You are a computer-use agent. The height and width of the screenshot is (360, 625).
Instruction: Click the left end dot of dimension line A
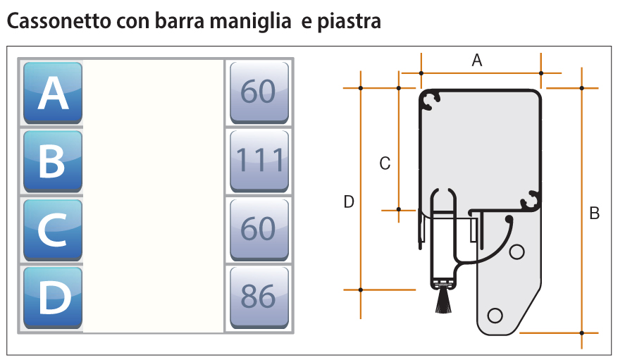click(x=421, y=73)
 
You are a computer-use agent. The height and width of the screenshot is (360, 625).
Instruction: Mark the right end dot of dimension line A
click(x=541, y=73)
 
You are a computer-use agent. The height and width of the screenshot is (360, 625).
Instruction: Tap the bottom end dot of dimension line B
click(x=582, y=333)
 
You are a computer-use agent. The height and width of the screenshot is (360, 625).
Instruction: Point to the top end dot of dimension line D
click(x=361, y=88)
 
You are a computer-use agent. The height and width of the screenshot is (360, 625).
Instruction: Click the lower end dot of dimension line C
click(x=399, y=209)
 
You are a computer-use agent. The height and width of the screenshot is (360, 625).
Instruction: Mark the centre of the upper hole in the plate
click(x=517, y=252)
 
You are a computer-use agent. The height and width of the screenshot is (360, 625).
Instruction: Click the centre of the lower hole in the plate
click(x=495, y=316)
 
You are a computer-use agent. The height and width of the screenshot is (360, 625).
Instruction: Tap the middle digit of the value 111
click(x=259, y=160)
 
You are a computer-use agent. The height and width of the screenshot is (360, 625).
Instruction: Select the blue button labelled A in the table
click(x=53, y=92)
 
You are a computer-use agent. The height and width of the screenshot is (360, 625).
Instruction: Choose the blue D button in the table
click(x=53, y=297)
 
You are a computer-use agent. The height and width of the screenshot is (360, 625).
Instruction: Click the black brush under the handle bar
click(x=443, y=301)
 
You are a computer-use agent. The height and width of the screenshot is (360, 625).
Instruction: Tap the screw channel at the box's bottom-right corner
click(x=531, y=201)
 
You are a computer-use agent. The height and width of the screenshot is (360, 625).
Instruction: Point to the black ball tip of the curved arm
click(x=509, y=219)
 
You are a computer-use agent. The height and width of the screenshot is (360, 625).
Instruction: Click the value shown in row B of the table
click(x=259, y=160)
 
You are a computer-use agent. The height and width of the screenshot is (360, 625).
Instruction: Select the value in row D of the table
click(x=259, y=297)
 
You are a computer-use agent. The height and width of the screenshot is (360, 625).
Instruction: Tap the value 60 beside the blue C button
click(x=258, y=228)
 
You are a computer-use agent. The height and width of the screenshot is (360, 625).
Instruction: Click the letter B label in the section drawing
click(x=594, y=213)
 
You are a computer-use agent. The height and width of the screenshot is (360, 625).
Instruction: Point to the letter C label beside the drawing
click(x=385, y=163)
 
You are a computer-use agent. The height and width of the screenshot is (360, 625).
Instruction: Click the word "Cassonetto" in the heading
click(x=59, y=21)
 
